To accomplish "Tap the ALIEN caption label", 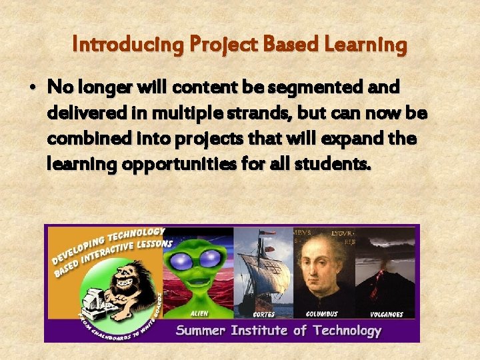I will (199, 313).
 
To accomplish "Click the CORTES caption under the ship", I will (264, 314).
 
